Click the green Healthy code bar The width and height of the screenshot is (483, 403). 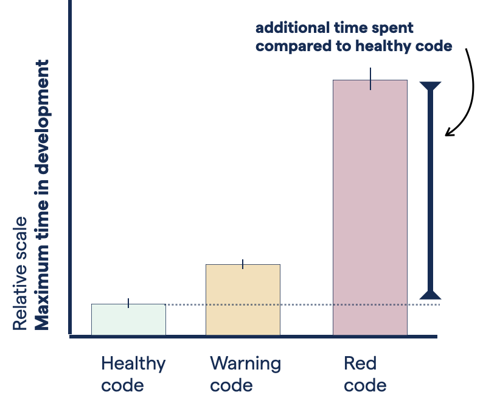(x=128, y=319)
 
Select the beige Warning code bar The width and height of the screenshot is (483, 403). (x=243, y=300)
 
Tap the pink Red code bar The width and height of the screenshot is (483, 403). (x=370, y=207)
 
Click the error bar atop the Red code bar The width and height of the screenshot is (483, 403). (x=370, y=79)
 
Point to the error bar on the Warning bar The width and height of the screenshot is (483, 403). (x=243, y=264)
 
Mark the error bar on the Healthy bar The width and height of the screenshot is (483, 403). (x=128, y=303)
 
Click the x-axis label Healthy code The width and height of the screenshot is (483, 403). (x=133, y=374)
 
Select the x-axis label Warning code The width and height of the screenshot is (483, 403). (x=245, y=374)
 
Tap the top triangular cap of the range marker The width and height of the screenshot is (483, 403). (x=430, y=86)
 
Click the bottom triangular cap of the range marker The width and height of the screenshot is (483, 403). (x=430, y=295)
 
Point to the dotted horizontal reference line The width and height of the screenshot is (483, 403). (x=304, y=304)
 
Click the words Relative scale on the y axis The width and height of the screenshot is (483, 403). (x=20, y=273)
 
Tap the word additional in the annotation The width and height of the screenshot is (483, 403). (x=283, y=28)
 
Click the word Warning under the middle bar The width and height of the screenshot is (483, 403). (x=245, y=364)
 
